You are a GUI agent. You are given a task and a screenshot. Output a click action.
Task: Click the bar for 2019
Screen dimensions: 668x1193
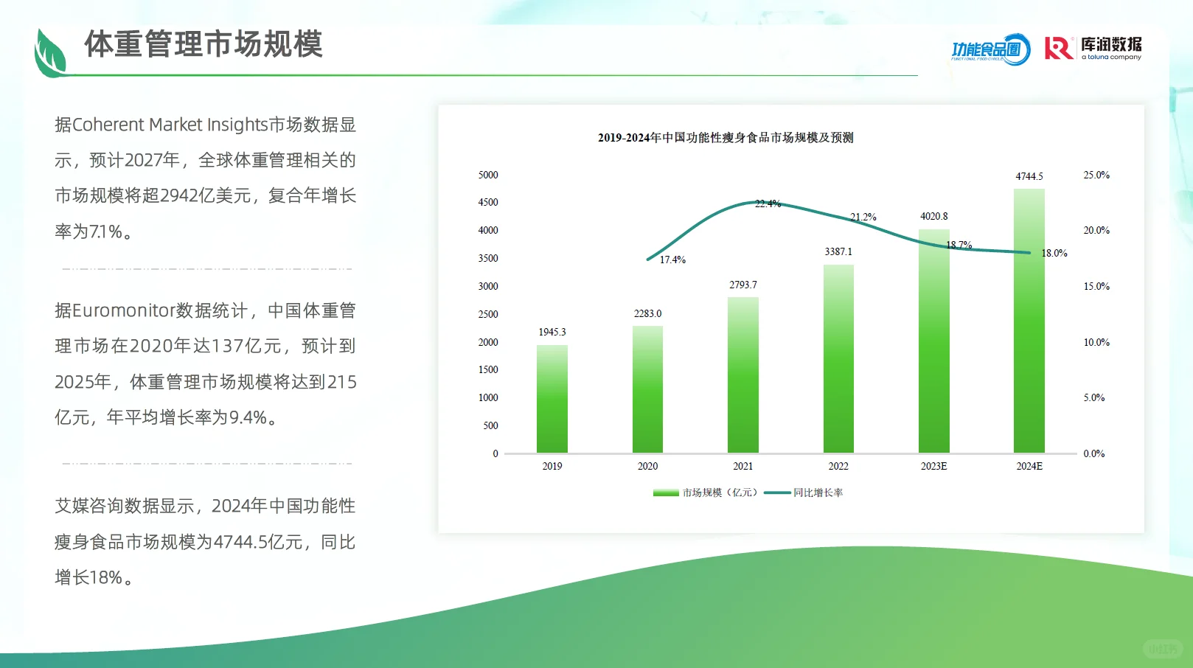point(552,399)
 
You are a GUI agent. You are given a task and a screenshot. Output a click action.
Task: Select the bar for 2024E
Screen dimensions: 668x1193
point(1029,321)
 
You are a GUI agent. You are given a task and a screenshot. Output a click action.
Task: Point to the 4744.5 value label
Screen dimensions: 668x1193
point(1029,177)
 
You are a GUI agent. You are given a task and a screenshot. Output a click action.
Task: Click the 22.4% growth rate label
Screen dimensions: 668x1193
point(768,204)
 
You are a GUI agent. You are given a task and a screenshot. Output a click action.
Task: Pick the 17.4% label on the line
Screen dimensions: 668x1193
point(672,260)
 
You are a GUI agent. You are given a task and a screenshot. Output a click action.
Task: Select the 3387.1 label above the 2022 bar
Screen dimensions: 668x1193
point(838,252)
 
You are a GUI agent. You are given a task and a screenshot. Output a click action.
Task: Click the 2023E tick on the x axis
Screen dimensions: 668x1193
point(933,466)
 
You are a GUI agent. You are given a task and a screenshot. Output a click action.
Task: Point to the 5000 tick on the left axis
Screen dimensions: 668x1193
point(488,175)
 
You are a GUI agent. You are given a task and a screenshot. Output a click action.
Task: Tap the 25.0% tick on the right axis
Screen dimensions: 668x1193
point(1096,175)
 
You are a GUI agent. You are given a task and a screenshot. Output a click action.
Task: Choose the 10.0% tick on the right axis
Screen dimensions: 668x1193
point(1096,343)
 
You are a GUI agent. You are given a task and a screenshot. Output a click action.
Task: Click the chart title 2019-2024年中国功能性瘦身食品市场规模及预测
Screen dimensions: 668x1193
point(726,138)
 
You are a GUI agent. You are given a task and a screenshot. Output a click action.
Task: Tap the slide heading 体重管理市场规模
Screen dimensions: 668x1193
point(204,44)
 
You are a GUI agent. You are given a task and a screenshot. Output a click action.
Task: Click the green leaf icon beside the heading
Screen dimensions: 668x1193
point(50,54)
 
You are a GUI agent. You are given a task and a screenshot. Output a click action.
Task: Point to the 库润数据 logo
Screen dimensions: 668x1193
point(1093,49)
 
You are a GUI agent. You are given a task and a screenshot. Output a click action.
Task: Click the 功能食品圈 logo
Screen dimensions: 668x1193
point(990,49)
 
